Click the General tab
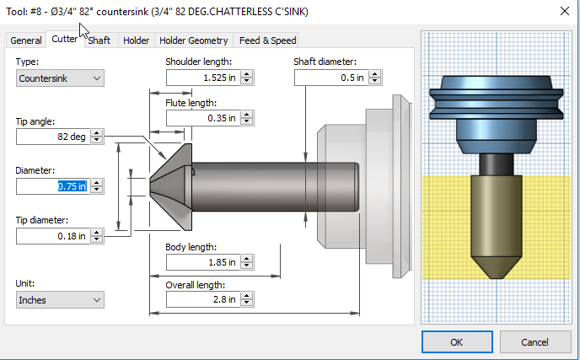click(26, 40)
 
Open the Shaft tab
click(99, 40)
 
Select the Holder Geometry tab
click(194, 40)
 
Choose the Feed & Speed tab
click(267, 40)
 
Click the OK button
click(456, 342)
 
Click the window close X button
click(563, 11)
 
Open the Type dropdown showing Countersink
click(60, 78)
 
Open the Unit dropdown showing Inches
click(60, 299)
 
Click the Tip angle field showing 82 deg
click(52, 137)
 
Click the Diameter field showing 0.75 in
click(52, 186)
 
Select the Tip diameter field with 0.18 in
click(52, 236)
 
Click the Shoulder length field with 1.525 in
click(202, 78)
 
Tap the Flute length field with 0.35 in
click(202, 118)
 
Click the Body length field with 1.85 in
click(202, 263)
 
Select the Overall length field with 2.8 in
click(202, 300)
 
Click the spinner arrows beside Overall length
click(247, 300)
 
